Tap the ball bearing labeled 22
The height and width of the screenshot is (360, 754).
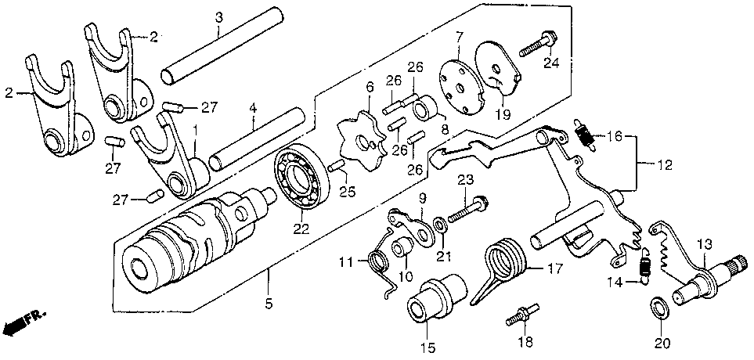click(302, 181)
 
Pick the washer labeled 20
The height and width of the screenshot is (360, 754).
click(658, 307)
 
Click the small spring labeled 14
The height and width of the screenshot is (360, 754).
click(644, 268)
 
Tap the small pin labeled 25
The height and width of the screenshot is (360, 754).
click(337, 166)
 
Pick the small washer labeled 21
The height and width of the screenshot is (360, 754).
click(442, 227)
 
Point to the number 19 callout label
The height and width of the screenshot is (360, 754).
click(502, 113)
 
